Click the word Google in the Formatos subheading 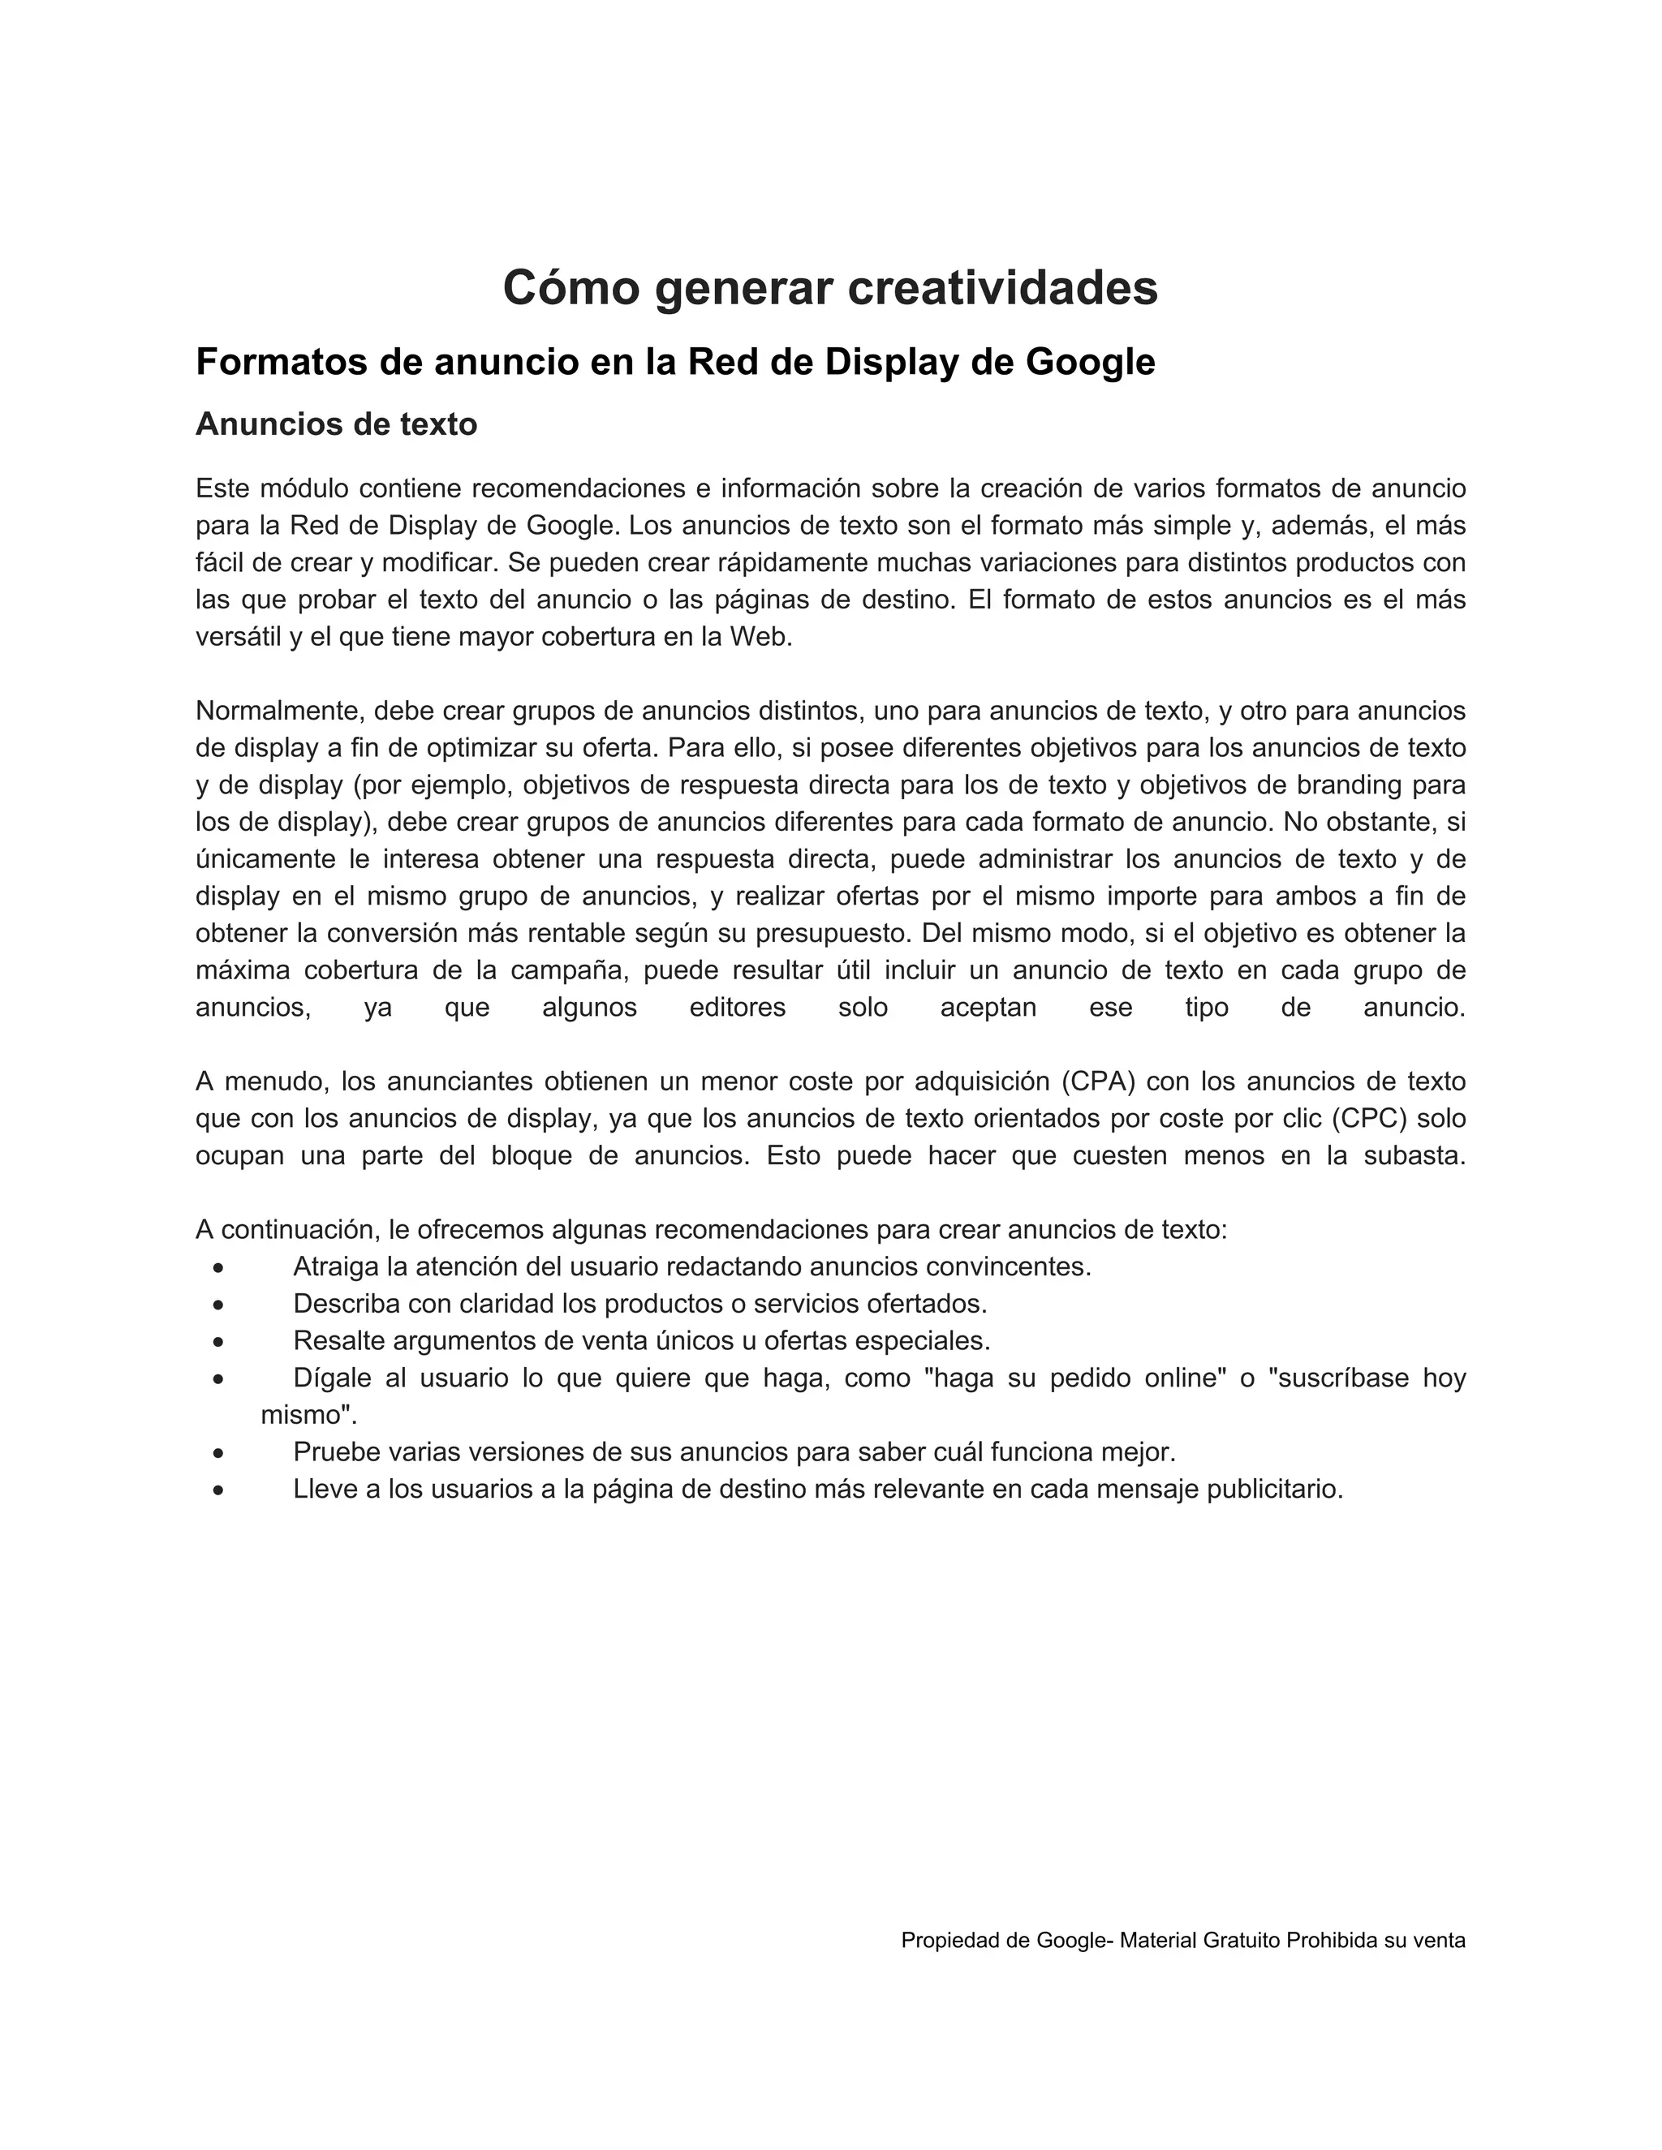[1090, 363]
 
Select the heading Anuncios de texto [336, 424]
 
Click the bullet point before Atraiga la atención [218, 1268]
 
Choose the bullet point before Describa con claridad [218, 1305]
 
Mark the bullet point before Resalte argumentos [218, 1342]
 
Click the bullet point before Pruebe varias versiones [218, 1453]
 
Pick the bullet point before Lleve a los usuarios [218, 1490]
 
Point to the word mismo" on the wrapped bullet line [308, 1416]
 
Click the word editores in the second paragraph [738, 1007]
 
